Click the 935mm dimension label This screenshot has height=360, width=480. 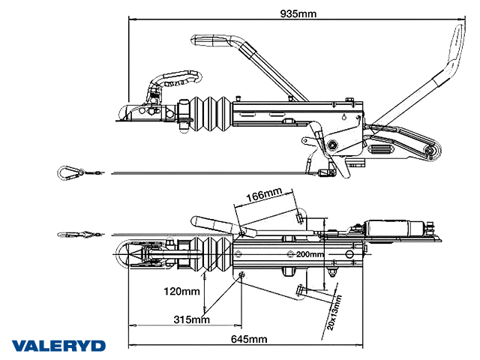[298, 13]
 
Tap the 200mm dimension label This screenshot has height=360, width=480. [310, 255]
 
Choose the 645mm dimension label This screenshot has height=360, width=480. [248, 340]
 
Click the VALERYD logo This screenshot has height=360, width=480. [58, 346]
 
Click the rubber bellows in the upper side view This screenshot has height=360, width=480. [211, 115]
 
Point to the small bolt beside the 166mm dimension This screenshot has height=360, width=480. [300, 217]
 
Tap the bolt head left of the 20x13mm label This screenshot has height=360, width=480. [300, 292]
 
